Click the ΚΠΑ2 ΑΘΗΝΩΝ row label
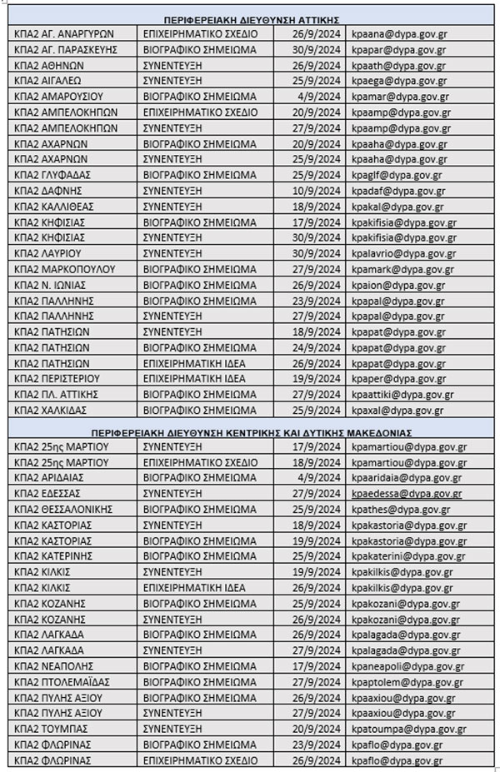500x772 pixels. pos(52,66)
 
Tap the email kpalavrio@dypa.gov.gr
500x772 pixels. pos(404,254)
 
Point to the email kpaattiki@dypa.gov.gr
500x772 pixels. pos(403,395)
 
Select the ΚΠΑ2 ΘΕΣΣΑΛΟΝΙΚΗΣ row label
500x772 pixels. pos(70,510)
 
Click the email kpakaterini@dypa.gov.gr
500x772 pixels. pos(410,556)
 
